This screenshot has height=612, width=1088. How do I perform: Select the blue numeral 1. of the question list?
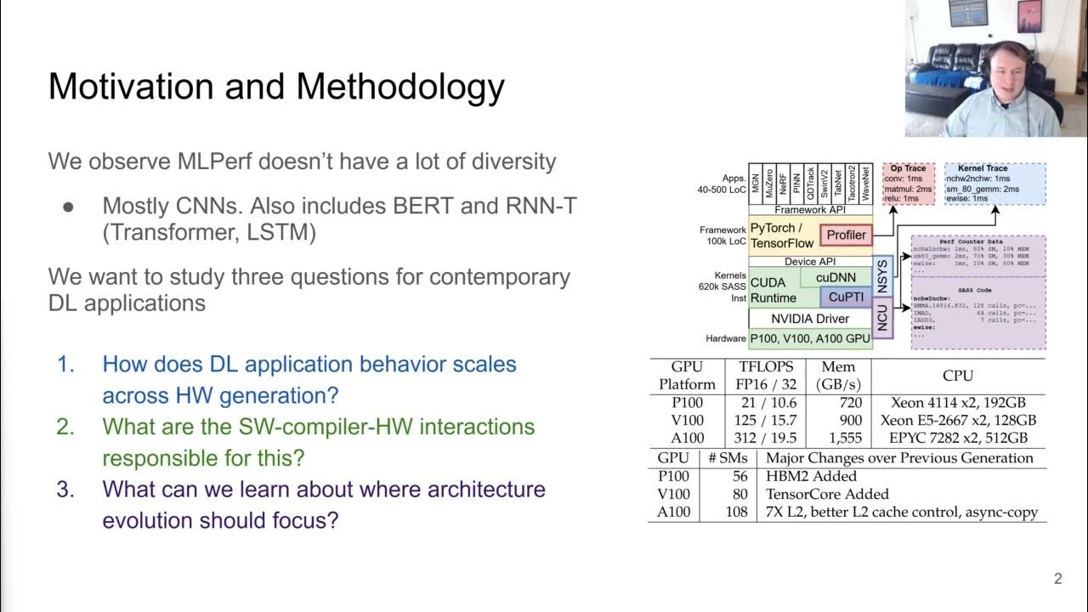pyautogui.click(x=66, y=365)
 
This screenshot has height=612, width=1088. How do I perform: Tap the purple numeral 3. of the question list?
pyautogui.click(x=66, y=490)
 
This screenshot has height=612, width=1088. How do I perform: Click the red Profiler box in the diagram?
pyautogui.click(x=846, y=235)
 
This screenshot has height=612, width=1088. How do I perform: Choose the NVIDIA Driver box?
pyautogui.click(x=809, y=319)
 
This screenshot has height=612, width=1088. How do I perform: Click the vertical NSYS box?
pyautogui.click(x=882, y=275)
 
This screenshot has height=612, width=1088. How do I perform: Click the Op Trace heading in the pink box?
pyautogui.click(x=908, y=168)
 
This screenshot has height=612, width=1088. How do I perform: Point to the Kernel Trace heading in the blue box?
pyautogui.click(x=982, y=168)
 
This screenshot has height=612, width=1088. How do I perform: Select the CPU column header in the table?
pyautogui.click(x=958, y=375)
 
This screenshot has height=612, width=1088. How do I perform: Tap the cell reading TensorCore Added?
pyautogui.click(x=826, y=494)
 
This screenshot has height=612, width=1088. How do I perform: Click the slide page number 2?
pyautogui.click(x=1057, y=579)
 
